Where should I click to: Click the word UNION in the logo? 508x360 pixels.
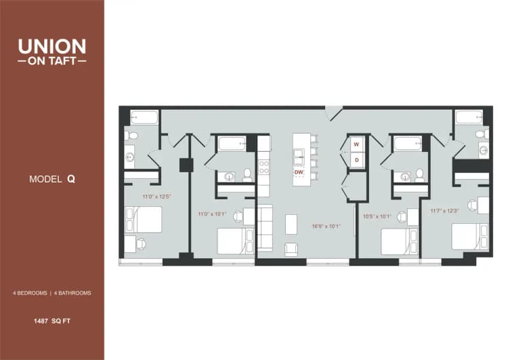click(52, 46)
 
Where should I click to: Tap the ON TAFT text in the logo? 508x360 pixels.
click(52, 60)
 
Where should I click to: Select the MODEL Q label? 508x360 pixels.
click(52, 179)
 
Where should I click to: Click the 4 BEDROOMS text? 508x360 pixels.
click(30, 293)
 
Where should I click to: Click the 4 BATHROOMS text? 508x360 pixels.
click(72, 293)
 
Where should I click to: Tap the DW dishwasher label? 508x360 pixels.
click(299, 172)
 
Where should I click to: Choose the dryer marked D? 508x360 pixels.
click(356, 159)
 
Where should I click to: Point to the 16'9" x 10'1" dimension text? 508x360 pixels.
click(326, 226)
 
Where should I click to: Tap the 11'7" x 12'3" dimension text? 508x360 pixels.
click(444, 210)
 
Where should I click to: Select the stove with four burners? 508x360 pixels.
click(263, 165)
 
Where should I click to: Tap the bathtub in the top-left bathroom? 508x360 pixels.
click(144, 117)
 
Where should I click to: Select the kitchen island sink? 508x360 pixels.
click(299, 157)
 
